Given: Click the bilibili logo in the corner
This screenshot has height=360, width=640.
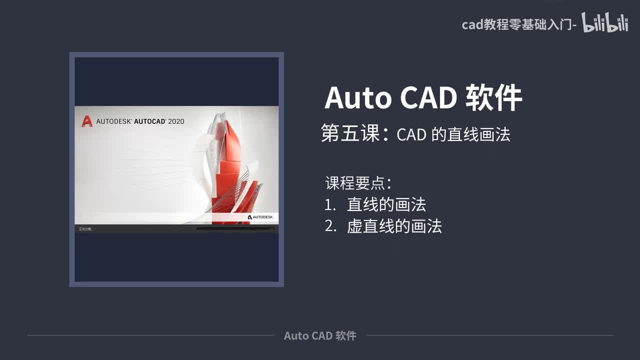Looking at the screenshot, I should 605,23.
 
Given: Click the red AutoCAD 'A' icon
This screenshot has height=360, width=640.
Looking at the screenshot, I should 87,121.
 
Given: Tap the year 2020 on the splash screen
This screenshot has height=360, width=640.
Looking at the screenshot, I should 176,121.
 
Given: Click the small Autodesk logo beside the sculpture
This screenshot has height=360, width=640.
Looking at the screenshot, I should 260,217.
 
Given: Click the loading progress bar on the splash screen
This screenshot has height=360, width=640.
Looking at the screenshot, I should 235,229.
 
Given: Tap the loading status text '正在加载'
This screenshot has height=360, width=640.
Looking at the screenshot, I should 85,229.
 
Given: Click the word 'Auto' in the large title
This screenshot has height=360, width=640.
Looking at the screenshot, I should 358,98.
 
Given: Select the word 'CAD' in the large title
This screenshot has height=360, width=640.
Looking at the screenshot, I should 428,98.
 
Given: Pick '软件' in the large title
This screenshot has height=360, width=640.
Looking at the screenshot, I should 494,98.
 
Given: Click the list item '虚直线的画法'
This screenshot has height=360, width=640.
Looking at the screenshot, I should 394,226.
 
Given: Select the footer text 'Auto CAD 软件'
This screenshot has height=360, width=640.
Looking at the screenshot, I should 320,335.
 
